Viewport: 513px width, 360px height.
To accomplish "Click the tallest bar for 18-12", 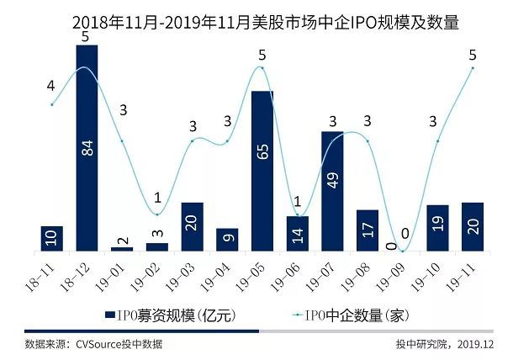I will click(x=87, y=147).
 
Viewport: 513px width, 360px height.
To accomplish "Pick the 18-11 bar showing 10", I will click(x=51, y=238).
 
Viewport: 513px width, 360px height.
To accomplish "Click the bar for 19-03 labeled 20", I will click(x=192, y=226).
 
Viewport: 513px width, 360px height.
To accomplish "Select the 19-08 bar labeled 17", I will click(x=368, y=230).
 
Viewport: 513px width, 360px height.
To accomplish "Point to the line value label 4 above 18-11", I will click(x=50, y=86).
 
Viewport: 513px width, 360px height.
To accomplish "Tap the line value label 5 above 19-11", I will click(x=472, y=56).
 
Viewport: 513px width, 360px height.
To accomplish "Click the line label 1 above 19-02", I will click(x=156, y=198).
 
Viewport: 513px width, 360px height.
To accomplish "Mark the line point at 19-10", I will click(x=437, y=140).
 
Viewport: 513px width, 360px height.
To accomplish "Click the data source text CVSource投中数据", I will click(x=93, y=344).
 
